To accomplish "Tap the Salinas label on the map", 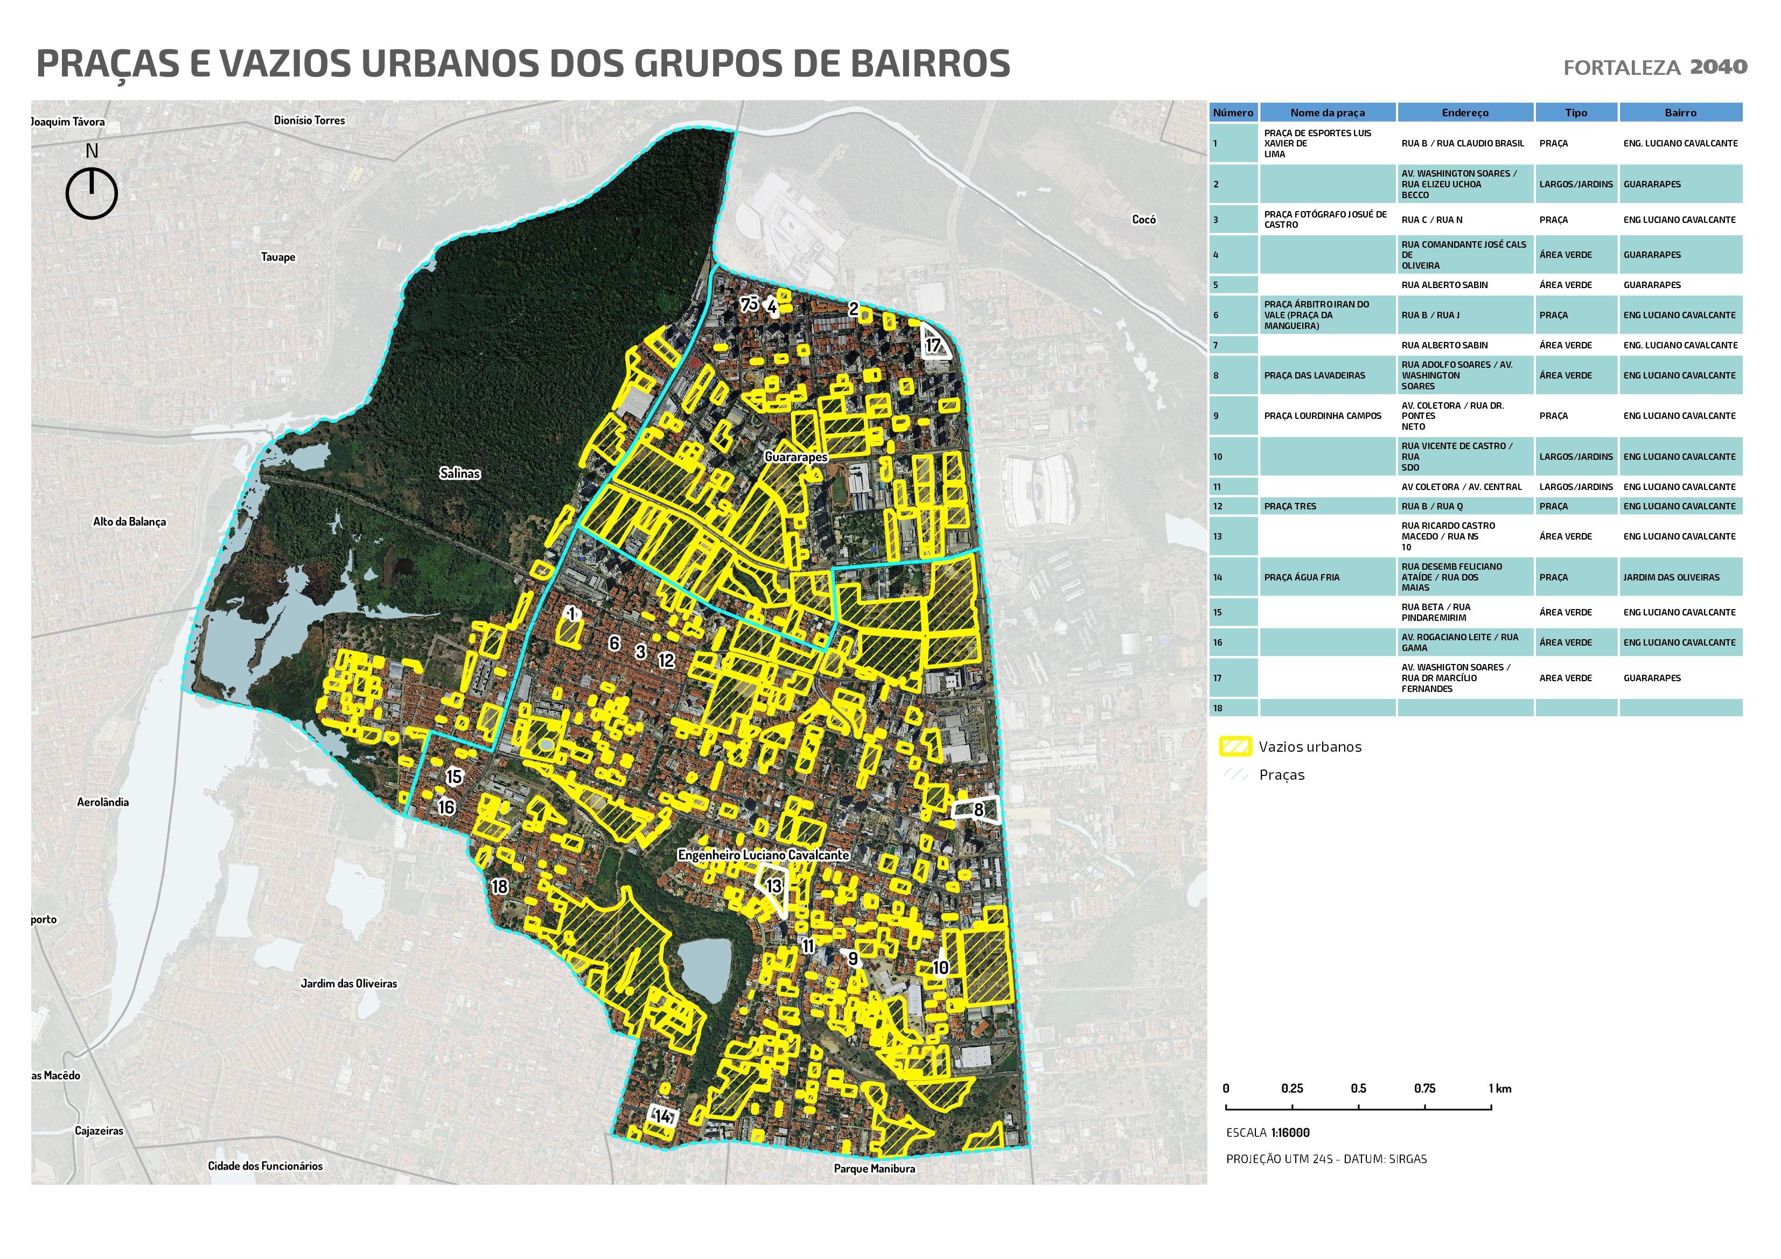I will coord(459,473).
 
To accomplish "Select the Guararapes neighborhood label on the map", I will coord(796,457).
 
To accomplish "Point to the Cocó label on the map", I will coord(1143,220).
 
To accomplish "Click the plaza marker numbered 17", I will coord(933,345).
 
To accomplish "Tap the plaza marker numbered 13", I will coord(773,886).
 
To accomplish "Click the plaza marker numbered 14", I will coord(662,1117).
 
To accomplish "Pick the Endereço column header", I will coord(1464,113).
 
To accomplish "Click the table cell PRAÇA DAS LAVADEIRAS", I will coord(1314,375).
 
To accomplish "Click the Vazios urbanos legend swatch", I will coord(1235,747).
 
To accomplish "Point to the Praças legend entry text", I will coord(1281,775).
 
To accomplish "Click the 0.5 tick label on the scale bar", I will coord(1358,1088).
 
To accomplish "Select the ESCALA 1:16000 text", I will coord(1268,1132).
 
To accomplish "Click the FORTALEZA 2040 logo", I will coord(1654,67).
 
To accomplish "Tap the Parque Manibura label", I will coord(874,1168).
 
